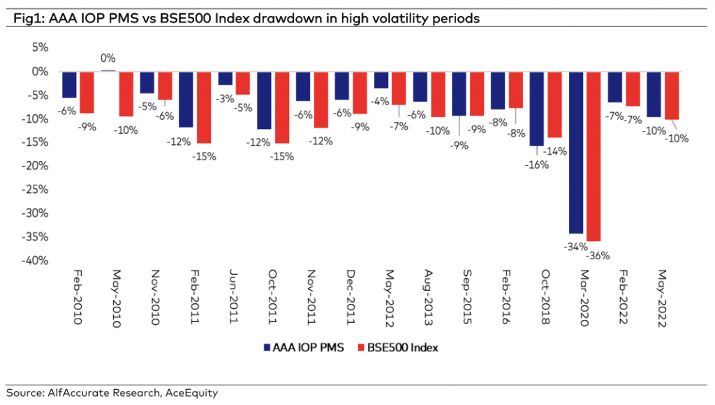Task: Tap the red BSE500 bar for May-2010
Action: pos(126,93)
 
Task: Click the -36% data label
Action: pos(598,255)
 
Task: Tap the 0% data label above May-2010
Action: pos(108,59)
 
